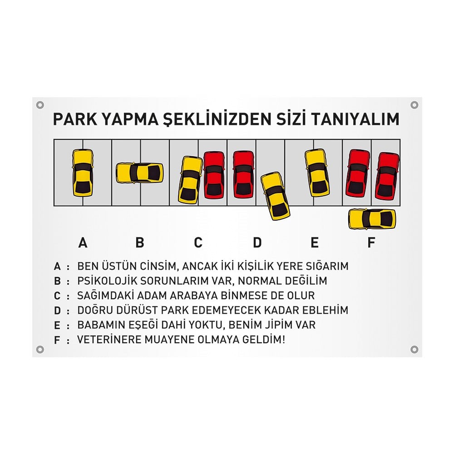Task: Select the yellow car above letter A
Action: [x=83, y=173]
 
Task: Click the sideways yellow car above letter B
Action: [x=139, y=173]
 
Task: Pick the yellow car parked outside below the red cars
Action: [x=372, y=219]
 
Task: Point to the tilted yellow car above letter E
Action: [x=317, y=173]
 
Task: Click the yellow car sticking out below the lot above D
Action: [x=275, y=196]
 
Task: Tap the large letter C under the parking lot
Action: [x=198, y=242]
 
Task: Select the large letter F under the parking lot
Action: [x=371, y=242]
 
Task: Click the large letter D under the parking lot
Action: [x=257, y=242]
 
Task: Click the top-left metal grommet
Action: [x=40, y=105]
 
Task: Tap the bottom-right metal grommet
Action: [x=415, y=350]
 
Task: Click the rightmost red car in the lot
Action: [x=387, y=176]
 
